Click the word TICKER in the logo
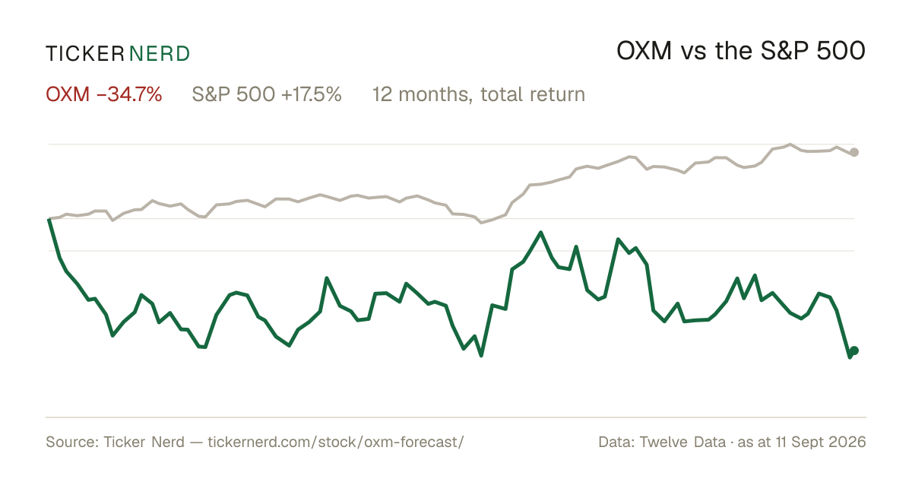click(x=85, y=54)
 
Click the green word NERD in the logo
click(x=160, y=54)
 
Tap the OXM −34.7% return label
click(x=104, y=94)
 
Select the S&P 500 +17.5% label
click(x=267, y=94)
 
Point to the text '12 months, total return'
click(x=479, y=95)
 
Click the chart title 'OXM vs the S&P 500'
click(x=741, y=51)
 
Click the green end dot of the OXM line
click(x=854, y=351)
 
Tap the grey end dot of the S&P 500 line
click(x=854, y=152)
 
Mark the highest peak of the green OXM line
click(x=540, y=232)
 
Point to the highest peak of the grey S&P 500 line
click(x=790, y=144)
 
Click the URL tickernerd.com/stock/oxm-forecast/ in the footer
click(x=336, y=442)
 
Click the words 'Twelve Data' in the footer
click(x=682, y=442)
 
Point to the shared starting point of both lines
click(x=49, y=219)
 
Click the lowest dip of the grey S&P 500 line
click(x=481, y=223)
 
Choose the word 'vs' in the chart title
click(x=694, y=54)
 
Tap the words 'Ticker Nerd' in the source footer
click(x=144, y=442)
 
